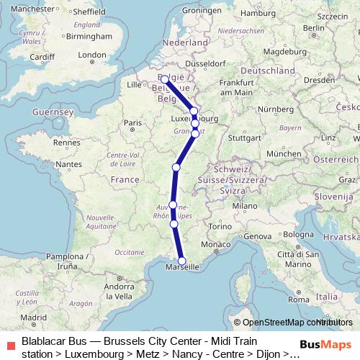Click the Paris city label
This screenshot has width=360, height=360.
pyautogui.click(x=132, y=123)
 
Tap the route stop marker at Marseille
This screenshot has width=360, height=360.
pyautogui.click(x=182, y=261)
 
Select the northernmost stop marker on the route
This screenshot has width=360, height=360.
pyautogui.click(x=165, y=80)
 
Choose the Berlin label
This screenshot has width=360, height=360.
pyautogui.click(x=311, y=28)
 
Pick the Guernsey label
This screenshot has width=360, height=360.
pyautogui.click(x=53, y=113)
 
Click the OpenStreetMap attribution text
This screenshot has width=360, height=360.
pyautogui.click(x=288, y=323)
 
